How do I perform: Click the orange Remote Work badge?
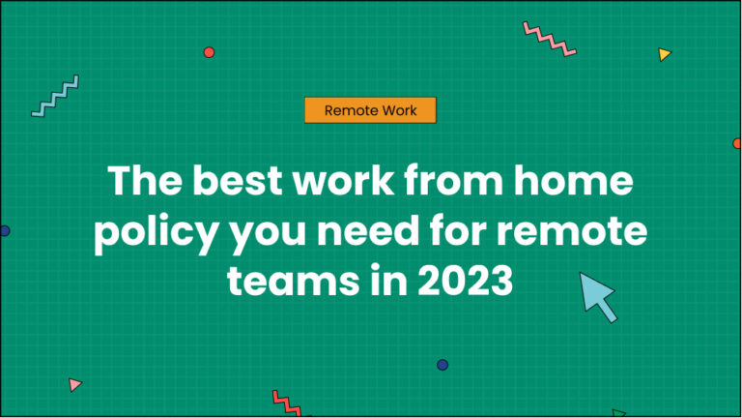click(x=370, y=110)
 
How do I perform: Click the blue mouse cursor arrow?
click(x=598, y=295)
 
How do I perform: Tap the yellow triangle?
click(x=664, y=54)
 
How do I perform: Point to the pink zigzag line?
click(x=549, y=39)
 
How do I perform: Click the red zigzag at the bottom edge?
click(x=287, y=402)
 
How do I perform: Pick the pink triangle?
click(x=74, y=384)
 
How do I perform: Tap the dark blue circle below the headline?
click(x=442, y=365)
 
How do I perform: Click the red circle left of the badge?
click(x=209, y=52)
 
